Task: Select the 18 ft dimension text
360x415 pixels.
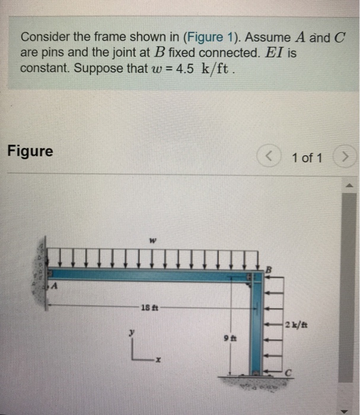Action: (148, 307)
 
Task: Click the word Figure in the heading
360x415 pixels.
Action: (30, 151)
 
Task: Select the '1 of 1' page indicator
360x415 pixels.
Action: (307, 158)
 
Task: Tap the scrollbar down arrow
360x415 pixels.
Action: (350, 409)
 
